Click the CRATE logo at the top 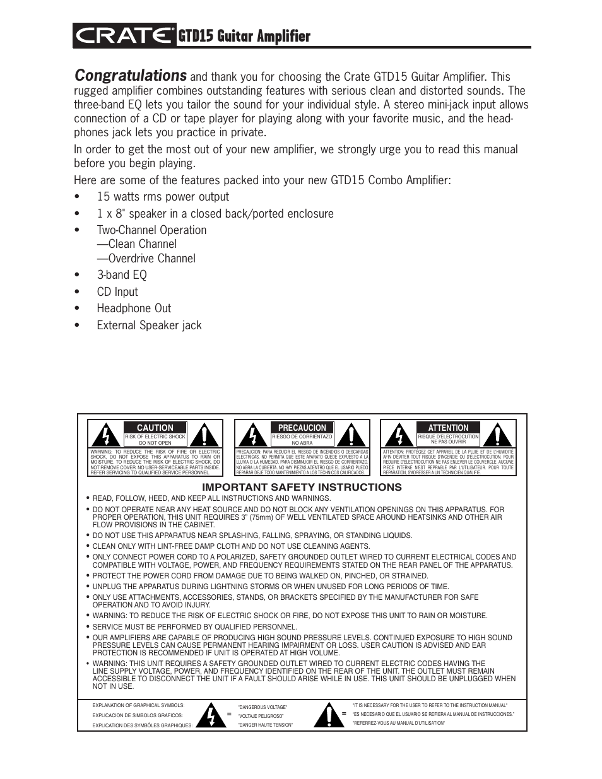[124, 37]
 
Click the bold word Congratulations [130, 76]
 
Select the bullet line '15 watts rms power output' [162, 197]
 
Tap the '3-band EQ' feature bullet [121, 275]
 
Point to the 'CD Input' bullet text [117, 292]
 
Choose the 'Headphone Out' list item [134, 308]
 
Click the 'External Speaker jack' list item [149, 325]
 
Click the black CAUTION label [155, 428]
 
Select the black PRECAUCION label [302, 428]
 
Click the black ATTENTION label [448, 428]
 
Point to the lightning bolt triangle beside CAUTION [106, 435]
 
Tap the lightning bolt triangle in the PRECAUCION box [252, 435]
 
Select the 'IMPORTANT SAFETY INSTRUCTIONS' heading [302, 487]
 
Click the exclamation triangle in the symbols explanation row [328, 715]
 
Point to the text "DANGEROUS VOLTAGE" [263, 707]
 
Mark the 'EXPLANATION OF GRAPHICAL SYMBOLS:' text [138, 705]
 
